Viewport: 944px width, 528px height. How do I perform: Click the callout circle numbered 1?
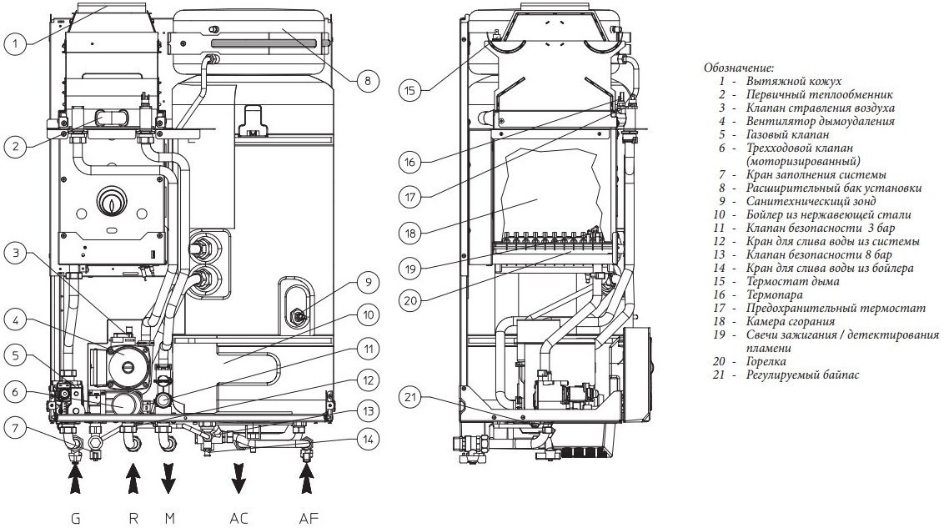click(x=16, y=44)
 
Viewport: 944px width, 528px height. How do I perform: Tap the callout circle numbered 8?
click(x=367, y=81)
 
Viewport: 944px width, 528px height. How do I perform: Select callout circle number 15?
click(x=410, y=91)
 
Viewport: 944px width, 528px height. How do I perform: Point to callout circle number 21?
click(x=410, y=397)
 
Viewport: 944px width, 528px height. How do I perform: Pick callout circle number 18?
click(x=410, y=233)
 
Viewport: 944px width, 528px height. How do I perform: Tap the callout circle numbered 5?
click(x=16, y=355)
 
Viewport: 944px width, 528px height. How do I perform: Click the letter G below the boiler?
click(x=75, y=518)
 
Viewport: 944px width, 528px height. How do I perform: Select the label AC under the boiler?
click(x=239, y=518)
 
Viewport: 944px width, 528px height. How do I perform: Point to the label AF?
click(x=309, y=518)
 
